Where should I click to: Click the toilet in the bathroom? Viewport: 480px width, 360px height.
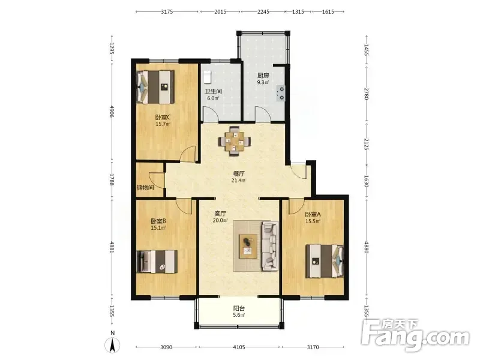tap(208, 77)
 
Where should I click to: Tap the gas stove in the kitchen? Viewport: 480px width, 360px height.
tap(281, 94)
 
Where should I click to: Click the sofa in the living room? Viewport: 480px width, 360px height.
tap(269, 246)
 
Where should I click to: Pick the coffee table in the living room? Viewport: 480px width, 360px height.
tap(248, 247)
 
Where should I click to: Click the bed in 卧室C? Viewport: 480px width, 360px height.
tap(155, 87)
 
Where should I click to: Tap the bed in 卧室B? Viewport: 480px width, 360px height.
tap(157, 262)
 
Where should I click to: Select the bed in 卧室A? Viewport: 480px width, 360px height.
tap(325, 261)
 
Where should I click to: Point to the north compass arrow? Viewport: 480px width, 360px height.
tap(112, 346)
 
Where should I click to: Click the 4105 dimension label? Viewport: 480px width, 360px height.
tap(239, 347)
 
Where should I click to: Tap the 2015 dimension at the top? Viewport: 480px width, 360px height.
tap(220, 11)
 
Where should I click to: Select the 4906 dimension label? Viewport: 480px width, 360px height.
tap(112, 112)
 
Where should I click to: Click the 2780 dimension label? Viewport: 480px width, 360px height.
tap(367, 94)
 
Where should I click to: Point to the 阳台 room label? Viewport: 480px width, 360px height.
tap(239, 308)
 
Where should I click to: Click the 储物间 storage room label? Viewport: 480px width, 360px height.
tap(145, 187)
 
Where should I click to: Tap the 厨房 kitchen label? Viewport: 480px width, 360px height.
tap(263, 76)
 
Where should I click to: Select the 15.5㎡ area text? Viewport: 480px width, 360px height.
tap(313, 221)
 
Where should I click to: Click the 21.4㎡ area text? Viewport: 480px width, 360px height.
tap(238, 181)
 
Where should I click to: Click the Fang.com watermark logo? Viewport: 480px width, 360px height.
tap(415, 335)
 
